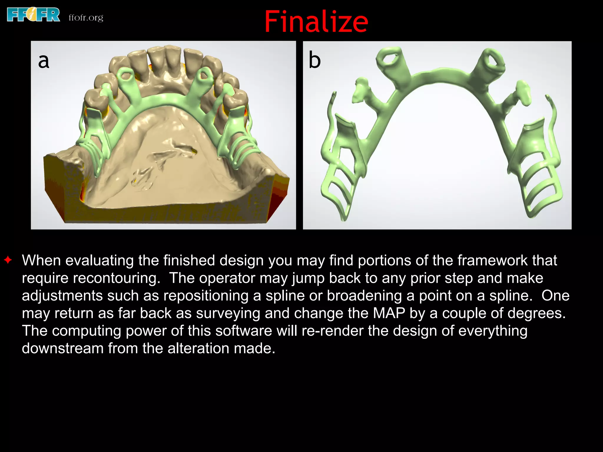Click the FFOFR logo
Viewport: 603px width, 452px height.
[x=33, y=15]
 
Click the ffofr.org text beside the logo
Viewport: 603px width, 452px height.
[x=86, y=18]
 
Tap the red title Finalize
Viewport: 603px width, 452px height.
[x=316, y=21]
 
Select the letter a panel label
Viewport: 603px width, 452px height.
[x=44, y=61]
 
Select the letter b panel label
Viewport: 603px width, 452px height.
[x=314, y=60]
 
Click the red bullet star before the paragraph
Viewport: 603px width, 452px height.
[x=8, y=260]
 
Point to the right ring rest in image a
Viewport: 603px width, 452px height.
[x=203, y=75]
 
